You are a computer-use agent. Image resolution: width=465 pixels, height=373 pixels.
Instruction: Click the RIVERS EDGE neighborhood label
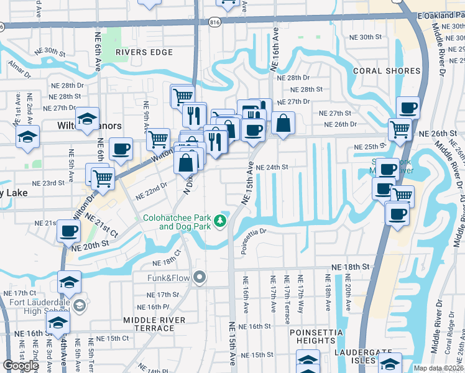point(144,52)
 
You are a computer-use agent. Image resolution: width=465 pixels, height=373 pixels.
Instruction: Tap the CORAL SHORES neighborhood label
point(387,71)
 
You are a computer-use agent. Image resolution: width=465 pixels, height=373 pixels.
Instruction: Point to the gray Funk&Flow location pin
point(199,277)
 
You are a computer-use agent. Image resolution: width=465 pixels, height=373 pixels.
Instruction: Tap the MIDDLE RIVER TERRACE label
point(154,324)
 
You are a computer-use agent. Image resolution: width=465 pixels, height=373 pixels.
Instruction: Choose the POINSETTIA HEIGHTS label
point(316,336)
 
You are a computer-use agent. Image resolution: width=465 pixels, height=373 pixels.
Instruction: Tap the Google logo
point(21,366)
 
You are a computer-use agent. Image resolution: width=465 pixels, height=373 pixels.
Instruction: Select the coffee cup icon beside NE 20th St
point(69,231)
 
